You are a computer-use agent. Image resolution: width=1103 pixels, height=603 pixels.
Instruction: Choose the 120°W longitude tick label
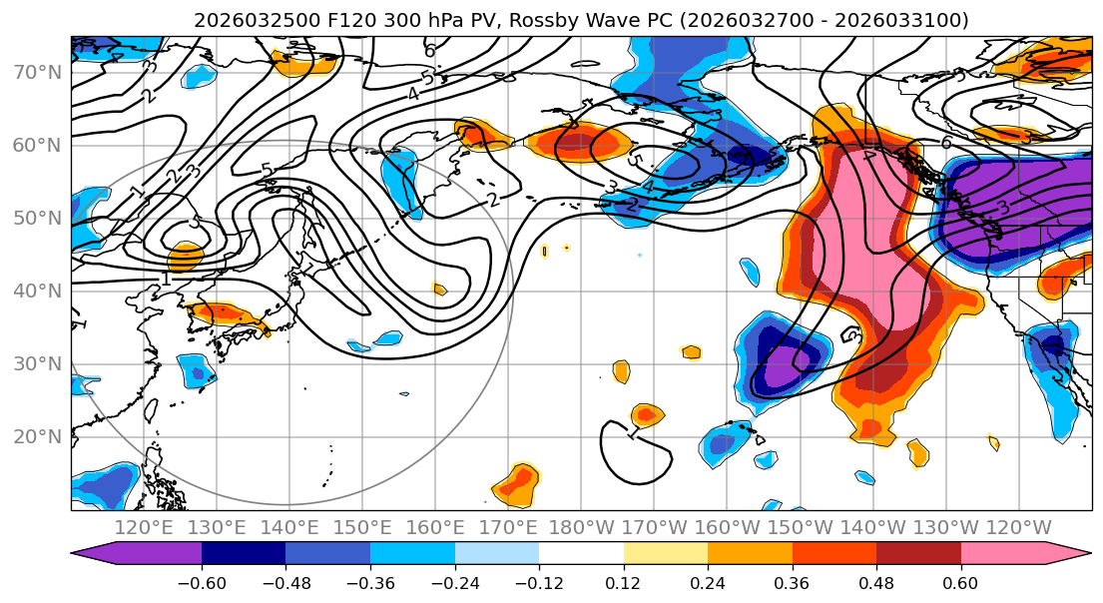(1019, 527)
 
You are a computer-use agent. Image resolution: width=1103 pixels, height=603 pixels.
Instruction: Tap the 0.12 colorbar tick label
(623, 582)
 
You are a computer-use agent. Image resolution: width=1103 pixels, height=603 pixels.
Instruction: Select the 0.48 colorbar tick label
(876, 582)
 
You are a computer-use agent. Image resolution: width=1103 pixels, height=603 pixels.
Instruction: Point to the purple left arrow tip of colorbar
(82, 554)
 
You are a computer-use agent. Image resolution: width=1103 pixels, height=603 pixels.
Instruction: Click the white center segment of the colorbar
(581, 554)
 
